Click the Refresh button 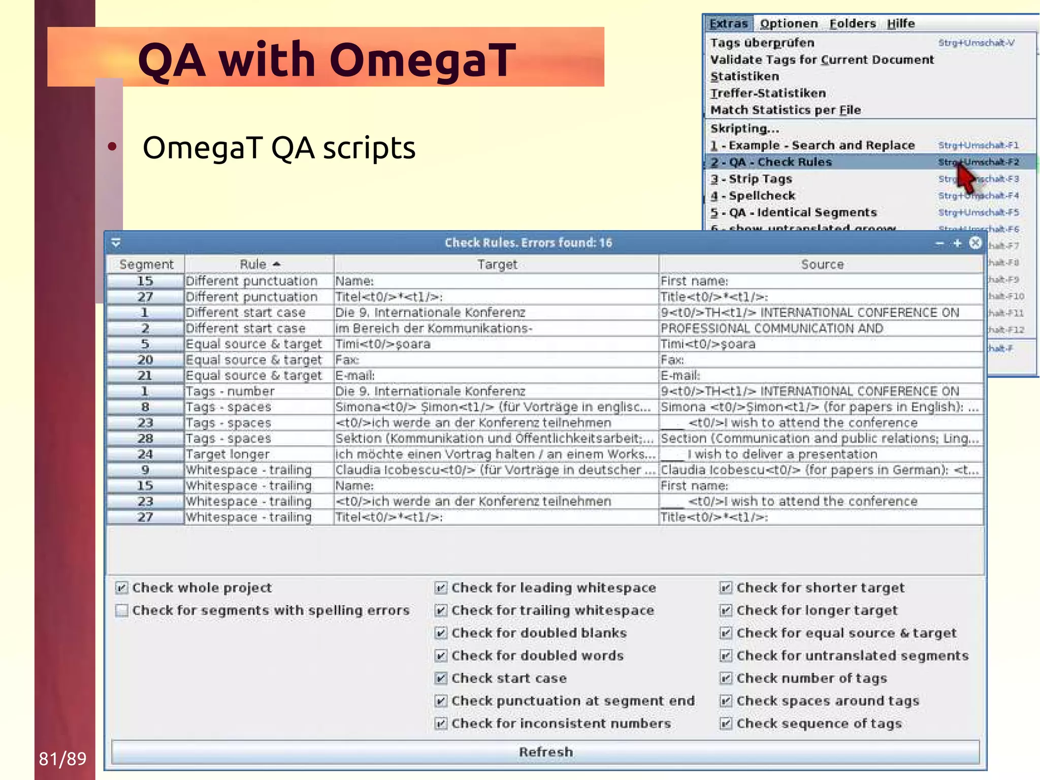point(545,752)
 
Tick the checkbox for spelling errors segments point(122,610)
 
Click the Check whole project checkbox point(122,588)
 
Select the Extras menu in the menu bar point(728,23)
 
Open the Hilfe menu point(900,23)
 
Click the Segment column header point(146,264)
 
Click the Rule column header point(259,264)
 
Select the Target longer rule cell point(227,454)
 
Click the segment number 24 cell point(145,454)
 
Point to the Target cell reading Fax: point(347,360)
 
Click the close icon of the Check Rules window point(975,243)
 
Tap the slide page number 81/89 point(62,759)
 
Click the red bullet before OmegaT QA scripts point(112,147)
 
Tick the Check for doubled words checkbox point(441,656)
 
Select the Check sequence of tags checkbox point(726,723)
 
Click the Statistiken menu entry point(744,76)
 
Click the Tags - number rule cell point(230,391)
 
